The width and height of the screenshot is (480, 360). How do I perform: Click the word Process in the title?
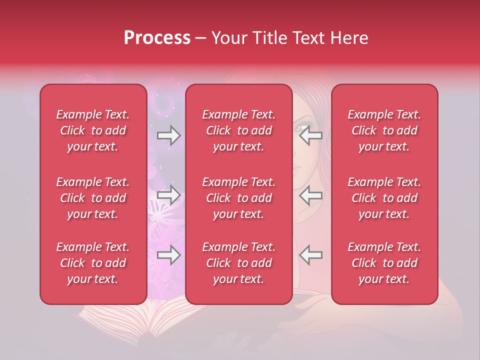tap(157, 38)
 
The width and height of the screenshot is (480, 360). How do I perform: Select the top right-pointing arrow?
tap(168, 135)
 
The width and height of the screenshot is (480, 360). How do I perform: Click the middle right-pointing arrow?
tap(168, 195)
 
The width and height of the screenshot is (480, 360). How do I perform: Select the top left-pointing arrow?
tap(310, 135)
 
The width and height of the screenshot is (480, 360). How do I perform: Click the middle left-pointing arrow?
tap(310, 195)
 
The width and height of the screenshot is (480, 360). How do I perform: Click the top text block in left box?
tap(93, 130)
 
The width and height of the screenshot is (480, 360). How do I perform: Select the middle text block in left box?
tap(93, 198)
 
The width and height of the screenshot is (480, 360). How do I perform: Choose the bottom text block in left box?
tap(93, 263)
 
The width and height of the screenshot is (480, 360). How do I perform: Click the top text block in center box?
tap(238, 130)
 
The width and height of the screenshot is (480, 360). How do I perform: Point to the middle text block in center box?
tap(238, 198)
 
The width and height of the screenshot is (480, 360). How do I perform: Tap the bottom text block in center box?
tap(238, 263)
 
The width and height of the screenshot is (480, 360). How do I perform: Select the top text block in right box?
tap(384, 130)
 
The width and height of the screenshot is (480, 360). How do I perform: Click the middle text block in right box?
tap(384, 198)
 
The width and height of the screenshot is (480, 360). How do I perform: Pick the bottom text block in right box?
tap(384, 263)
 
